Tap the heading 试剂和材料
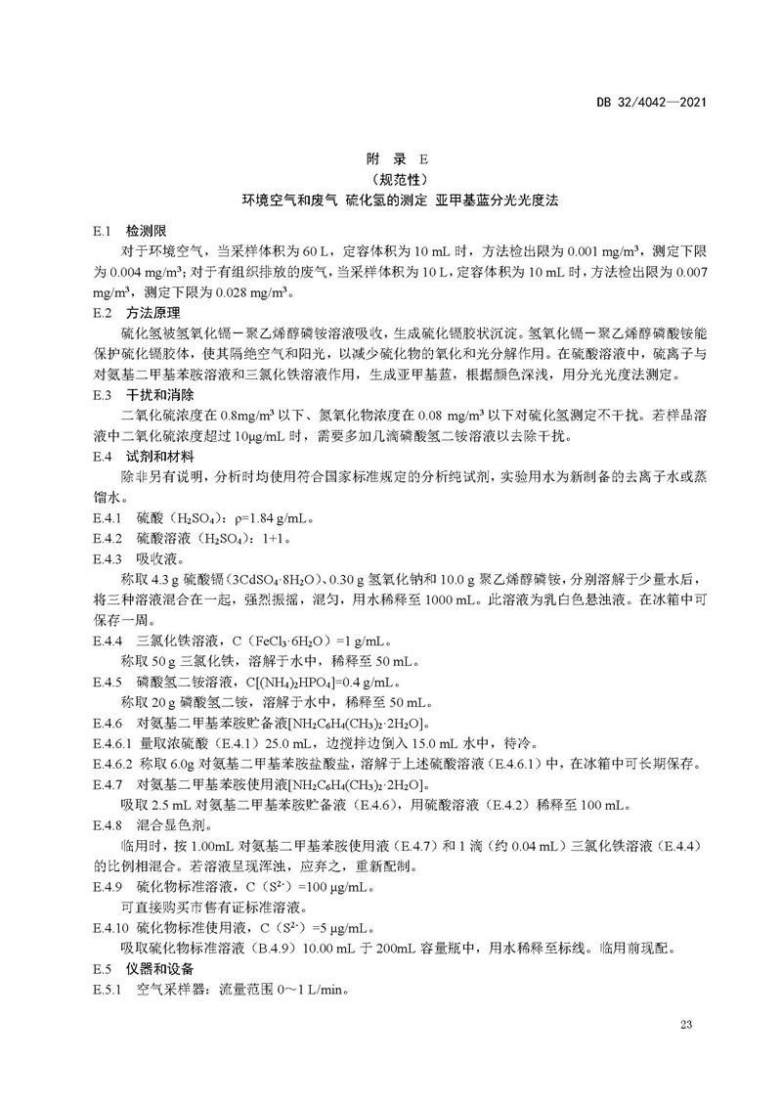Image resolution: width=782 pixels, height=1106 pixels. pyautogui.click(x=156, y=457)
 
